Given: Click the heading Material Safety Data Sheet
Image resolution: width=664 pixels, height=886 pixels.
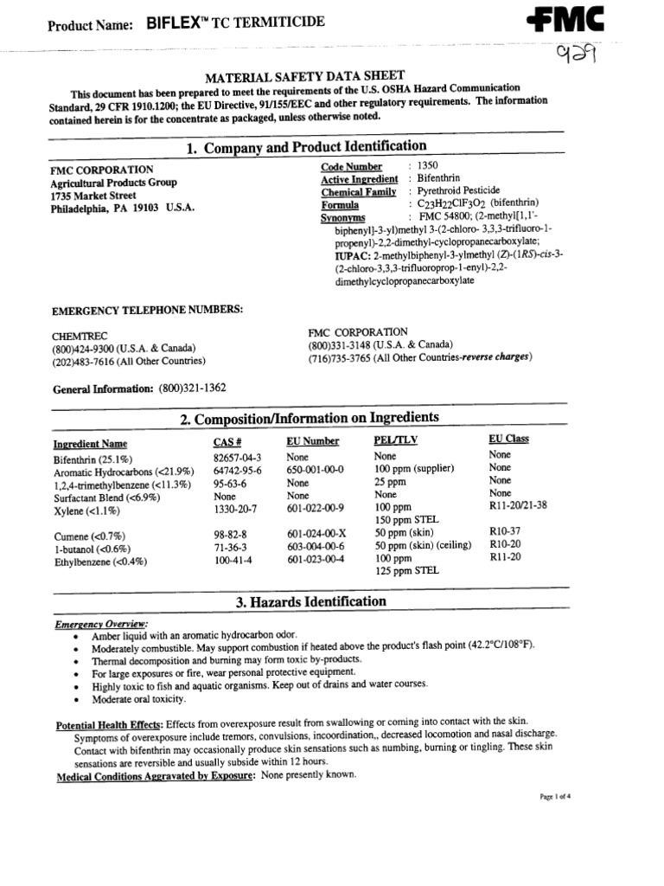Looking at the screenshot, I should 304,77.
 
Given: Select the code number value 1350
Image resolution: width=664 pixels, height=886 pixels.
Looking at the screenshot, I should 429,164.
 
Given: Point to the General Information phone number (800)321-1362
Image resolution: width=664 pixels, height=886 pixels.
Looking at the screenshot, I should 192,388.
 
